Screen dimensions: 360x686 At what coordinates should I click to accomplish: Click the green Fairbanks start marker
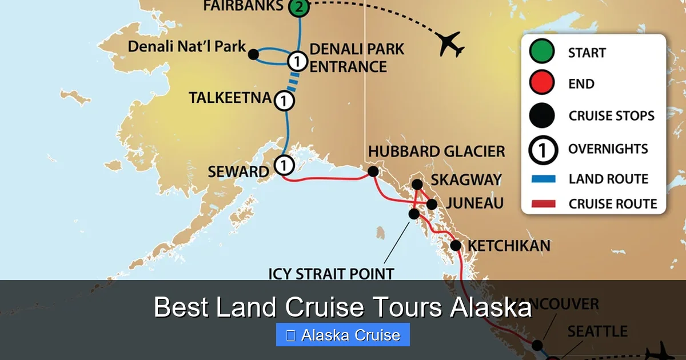[x=298, y=7]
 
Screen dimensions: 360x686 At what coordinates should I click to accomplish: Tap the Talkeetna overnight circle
[x=284, y=101]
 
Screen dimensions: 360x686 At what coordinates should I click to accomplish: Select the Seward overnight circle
[x=284, y=165]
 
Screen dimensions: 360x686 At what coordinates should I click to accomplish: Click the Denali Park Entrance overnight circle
[x=297, y=59]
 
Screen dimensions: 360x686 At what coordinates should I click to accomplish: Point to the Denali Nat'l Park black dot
[x=254, y=54]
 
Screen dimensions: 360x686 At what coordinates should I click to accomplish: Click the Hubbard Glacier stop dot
[x=373, y=171]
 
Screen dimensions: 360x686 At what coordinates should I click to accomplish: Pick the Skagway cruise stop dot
[x=417, y=184]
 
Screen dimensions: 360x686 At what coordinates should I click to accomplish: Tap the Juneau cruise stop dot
[x=432, y=204]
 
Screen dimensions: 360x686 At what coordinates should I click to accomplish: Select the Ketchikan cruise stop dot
[x=456, y=246]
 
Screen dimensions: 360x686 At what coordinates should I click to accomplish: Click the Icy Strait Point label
[x=331, y=273]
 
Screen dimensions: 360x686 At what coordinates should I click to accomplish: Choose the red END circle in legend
[x=542, y=83]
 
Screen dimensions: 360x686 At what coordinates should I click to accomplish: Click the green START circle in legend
[x=542, y=51]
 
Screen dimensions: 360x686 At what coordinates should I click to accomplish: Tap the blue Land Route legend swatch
[x=543, y=179]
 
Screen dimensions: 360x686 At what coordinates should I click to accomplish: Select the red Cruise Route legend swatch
[x=543, y=203]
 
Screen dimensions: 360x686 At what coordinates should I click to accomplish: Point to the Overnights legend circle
[x=542, y=149]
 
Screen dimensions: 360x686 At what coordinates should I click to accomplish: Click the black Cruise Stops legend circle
[x=542, y=115]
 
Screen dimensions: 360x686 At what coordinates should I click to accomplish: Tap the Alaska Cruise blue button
[x=343, y=335]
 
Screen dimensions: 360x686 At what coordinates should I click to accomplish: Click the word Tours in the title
[x=405, y=308]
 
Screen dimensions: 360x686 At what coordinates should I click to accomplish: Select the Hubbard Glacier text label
[x=437, y=152]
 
